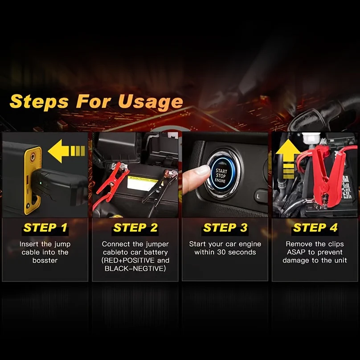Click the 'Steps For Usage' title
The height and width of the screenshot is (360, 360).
[x=96, y=101]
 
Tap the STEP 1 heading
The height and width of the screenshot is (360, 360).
[x=45, y=228]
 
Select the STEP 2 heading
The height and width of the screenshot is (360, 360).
[x=135, y=228]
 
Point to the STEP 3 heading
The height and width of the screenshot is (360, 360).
[x=225, y=228]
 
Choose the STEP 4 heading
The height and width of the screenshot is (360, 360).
[x=315, y=228]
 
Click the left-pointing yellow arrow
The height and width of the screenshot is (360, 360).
[x=66, y=151]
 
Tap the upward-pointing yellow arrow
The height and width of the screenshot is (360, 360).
[x=288, y=159]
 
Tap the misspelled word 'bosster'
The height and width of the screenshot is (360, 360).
[x=45, y=260]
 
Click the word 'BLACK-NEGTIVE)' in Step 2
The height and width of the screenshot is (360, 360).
[x=135, y=268]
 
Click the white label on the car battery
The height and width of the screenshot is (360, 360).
[x=143, y=184]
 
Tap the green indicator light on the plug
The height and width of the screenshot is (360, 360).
[x=41, y=183]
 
